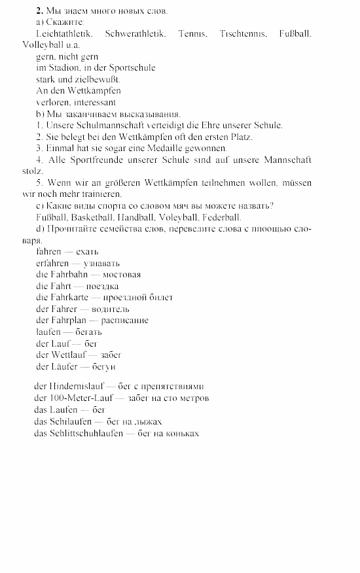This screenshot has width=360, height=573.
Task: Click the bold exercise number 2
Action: click(x=39, y=10)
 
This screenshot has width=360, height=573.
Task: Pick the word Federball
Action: click(x=222, y=217)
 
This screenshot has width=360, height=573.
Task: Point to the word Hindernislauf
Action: click(x=73, y=386)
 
